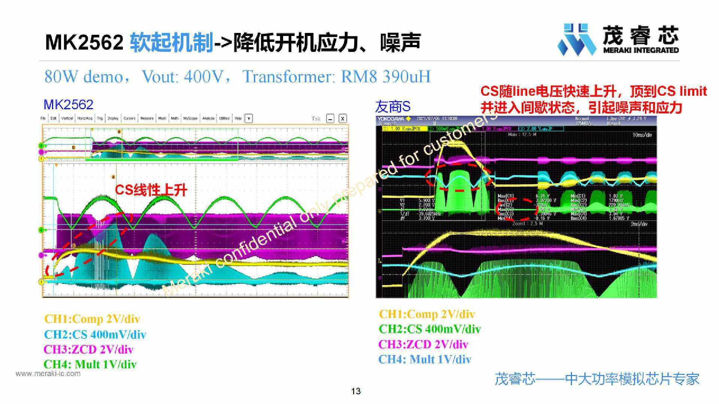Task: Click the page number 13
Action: coord(356,391)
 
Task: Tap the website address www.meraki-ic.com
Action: coord(48,374)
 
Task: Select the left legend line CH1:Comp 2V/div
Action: coord(92,319)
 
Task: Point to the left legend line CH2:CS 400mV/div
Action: coord(95,334)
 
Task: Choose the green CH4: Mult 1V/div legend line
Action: coord(90,364)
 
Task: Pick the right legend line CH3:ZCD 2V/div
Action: coord(423,344)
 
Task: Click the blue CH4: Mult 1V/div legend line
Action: coord(425,359)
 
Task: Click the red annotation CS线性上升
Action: coord(151,190)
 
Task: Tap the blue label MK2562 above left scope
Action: coord(68,104)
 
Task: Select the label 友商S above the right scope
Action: coord(393,107)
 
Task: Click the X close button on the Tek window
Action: coord(342,119)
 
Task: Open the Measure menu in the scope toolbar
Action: coord(147,119)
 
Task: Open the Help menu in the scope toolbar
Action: coord(238,119)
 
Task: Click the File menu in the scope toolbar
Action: coord(43,119)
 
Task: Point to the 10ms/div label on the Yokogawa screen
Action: coord(642,135)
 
